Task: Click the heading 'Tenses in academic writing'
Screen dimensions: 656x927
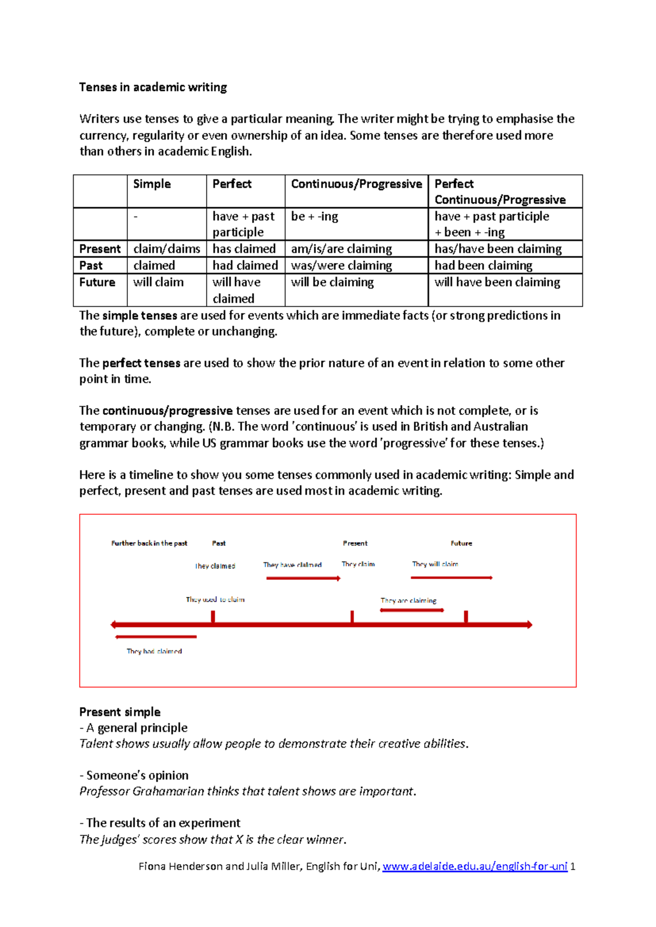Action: pyautogui.click(x=153, y=87)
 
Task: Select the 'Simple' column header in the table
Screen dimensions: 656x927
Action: pyautogui.click(x=151, y=184)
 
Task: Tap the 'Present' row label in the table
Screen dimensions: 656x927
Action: pyautogui.click(x=99, y=249)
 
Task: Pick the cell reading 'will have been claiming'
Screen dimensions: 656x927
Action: pyautogui.click(x=497, y=283)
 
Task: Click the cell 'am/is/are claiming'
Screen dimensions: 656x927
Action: pyautogui.click(x=341, y=249)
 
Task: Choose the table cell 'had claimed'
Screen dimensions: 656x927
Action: pyautogui.click(x=245, y=266)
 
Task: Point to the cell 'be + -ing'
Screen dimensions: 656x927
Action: pyautogui.click(x=314, y=216)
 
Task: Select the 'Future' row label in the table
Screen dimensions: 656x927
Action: pyautogui.click(x=97, y=283)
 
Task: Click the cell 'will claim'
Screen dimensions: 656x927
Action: pyautogui.click(x=158, y=283)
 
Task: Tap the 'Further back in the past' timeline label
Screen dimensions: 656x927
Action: pyautogui.click(x=149, y=543)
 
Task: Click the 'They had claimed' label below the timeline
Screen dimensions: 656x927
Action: pyautogui.click(x=154, y=652)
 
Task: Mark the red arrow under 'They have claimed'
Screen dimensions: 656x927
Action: pyautogui.click(x=303, y=578)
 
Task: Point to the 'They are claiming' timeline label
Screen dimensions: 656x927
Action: pyautogui.click(x=408, y=601)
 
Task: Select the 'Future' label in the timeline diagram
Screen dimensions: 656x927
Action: pyautogui.click(x=461, y=543)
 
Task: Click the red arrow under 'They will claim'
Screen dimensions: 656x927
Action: pyautogui.click(x=451, y=578)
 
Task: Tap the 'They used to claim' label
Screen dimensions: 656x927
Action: pyautogui.click(x=215, y=600)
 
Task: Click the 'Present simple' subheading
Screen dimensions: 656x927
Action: pyautogui.click(x=120, y=712)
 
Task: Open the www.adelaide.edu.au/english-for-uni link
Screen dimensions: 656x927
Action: pyautogui.click(x=475, y=866)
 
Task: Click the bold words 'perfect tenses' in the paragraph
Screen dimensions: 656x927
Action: pyautogui.click(x=141, y=363)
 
